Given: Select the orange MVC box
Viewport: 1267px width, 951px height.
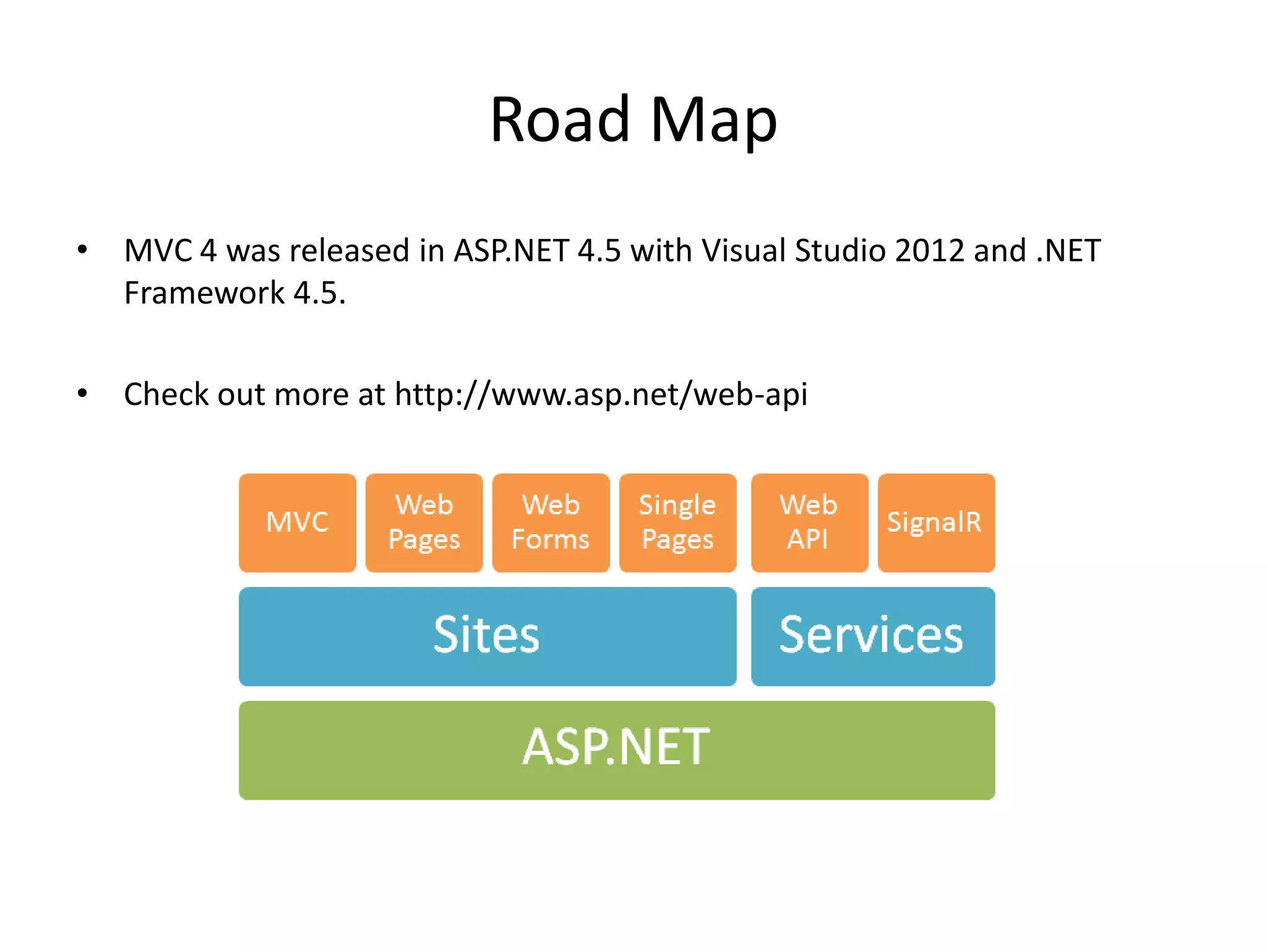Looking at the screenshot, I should pos(298,523).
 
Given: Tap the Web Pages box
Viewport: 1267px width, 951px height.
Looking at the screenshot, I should pos(424,523).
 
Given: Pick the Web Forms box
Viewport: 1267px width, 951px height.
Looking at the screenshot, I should pos(551,523).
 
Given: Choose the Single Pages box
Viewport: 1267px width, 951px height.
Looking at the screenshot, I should pos(678,523).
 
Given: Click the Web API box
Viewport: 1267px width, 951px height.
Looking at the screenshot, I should pos(809,523).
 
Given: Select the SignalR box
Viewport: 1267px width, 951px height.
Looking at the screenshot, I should pos(936,523).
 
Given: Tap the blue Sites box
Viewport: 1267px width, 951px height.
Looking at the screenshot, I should pos(487,636).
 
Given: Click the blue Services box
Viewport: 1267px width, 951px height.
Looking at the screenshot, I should pos(873,636).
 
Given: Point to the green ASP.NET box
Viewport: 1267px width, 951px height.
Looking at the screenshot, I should pos(617,750).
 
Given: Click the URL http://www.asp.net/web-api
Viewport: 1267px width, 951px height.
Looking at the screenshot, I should pos(601,394).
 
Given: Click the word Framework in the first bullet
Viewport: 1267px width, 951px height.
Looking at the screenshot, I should pos(204,293).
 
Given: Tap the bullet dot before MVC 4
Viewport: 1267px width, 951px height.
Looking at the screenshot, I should pos(82,250).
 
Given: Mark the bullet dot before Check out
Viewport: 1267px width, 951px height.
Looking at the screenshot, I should pos(82,394).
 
